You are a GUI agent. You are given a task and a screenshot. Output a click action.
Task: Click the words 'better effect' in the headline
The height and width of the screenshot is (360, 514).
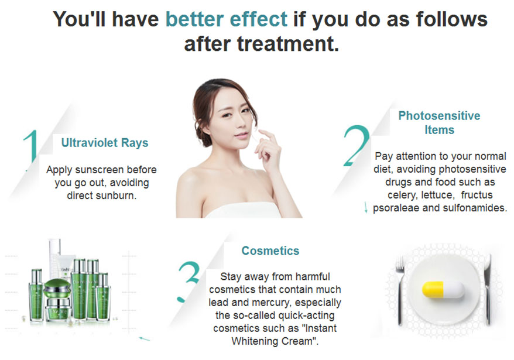click(227, 19)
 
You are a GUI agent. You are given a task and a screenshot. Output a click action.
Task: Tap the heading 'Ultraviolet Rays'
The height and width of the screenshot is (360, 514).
click(105, 143)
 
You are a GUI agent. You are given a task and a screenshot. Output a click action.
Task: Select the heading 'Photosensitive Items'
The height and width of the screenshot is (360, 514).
click(439, 122)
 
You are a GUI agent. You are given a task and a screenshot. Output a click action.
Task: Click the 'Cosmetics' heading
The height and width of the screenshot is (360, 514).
click(270, 251)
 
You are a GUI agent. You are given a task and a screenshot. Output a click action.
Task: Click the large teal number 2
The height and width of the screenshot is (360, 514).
click(356, 145)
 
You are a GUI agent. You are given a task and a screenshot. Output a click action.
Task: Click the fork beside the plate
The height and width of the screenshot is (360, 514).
click(400, 289)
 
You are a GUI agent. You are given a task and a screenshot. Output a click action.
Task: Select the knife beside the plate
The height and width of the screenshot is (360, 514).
click(488, 289)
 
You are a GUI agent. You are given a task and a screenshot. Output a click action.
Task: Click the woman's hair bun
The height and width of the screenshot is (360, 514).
click(201, 133)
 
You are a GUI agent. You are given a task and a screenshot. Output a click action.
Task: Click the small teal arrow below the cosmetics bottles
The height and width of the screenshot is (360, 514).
click(144, 339)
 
